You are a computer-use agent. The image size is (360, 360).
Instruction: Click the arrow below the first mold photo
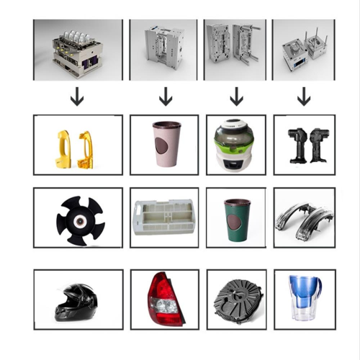tap(77, 96)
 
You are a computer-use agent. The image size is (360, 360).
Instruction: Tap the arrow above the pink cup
tap(166, 96)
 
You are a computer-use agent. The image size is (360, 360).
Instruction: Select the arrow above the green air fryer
tap(235, 96)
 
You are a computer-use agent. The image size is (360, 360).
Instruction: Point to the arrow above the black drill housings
tap(304, 96)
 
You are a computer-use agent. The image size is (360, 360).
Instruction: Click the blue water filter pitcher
tap(303, 297)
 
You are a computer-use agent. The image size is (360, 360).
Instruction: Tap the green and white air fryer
tap(235, 145)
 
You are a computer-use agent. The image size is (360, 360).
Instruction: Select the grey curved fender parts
tap(304, 218)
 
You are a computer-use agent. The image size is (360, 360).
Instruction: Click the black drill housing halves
tap(304, 144)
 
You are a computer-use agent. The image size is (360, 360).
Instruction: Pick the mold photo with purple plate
tap(76, 50)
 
